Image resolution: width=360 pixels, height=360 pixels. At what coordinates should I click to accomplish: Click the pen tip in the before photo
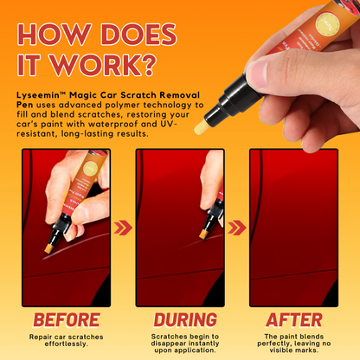[x=49, y=248]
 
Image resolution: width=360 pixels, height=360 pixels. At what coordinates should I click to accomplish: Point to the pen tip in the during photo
[x=207, y=234]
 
